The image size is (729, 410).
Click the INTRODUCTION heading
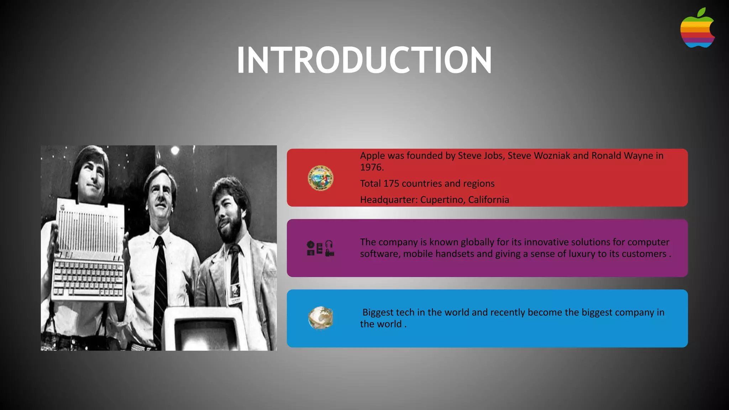coord(364,60)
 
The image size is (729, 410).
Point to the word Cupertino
coord(442,200)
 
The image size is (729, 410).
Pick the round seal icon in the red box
coord(320,178)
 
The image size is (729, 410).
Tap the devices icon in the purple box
coord(320,248)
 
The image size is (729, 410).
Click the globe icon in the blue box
coord(320,318)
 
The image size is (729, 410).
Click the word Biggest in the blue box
coord(378,312)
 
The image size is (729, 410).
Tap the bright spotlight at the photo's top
coord(175,151)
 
